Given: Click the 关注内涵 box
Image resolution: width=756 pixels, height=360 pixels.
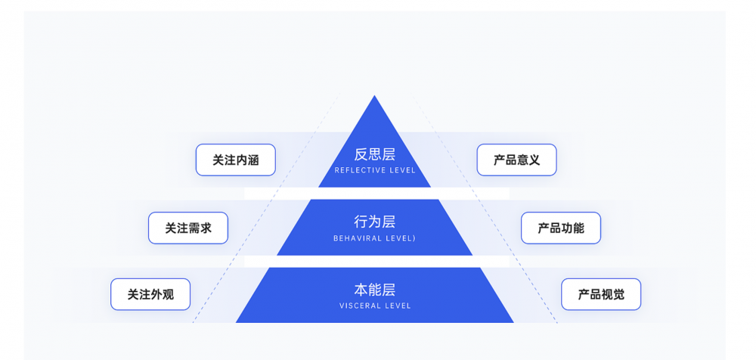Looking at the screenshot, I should coord(235,160).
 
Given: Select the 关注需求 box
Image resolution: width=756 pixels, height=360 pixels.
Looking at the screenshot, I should coord(188,228).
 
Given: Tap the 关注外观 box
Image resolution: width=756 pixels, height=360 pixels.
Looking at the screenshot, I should coord(150,294).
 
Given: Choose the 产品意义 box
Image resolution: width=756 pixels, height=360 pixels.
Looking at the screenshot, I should coord(516,160).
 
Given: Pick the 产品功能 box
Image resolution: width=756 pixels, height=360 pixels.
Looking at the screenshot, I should coord(561,228).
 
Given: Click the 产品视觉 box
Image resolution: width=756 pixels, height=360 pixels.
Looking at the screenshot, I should coord(601,294).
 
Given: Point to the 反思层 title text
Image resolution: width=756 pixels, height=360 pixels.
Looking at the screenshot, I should coord(375,154).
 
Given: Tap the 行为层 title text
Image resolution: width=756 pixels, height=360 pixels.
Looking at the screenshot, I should coord(375,222).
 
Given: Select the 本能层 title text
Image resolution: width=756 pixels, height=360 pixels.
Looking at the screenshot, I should coord(375,290).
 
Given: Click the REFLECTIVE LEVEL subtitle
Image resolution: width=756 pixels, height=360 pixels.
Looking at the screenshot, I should coord(375,171).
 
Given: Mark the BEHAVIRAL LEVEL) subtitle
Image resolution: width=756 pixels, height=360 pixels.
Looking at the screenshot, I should coord(375,238).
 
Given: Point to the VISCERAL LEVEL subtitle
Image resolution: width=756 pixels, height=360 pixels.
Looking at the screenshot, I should coord(375,306).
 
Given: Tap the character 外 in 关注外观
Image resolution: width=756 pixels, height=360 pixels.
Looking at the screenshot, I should coord(156,294).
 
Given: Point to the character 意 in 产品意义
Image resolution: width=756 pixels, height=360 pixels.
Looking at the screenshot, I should coord(522,160).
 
